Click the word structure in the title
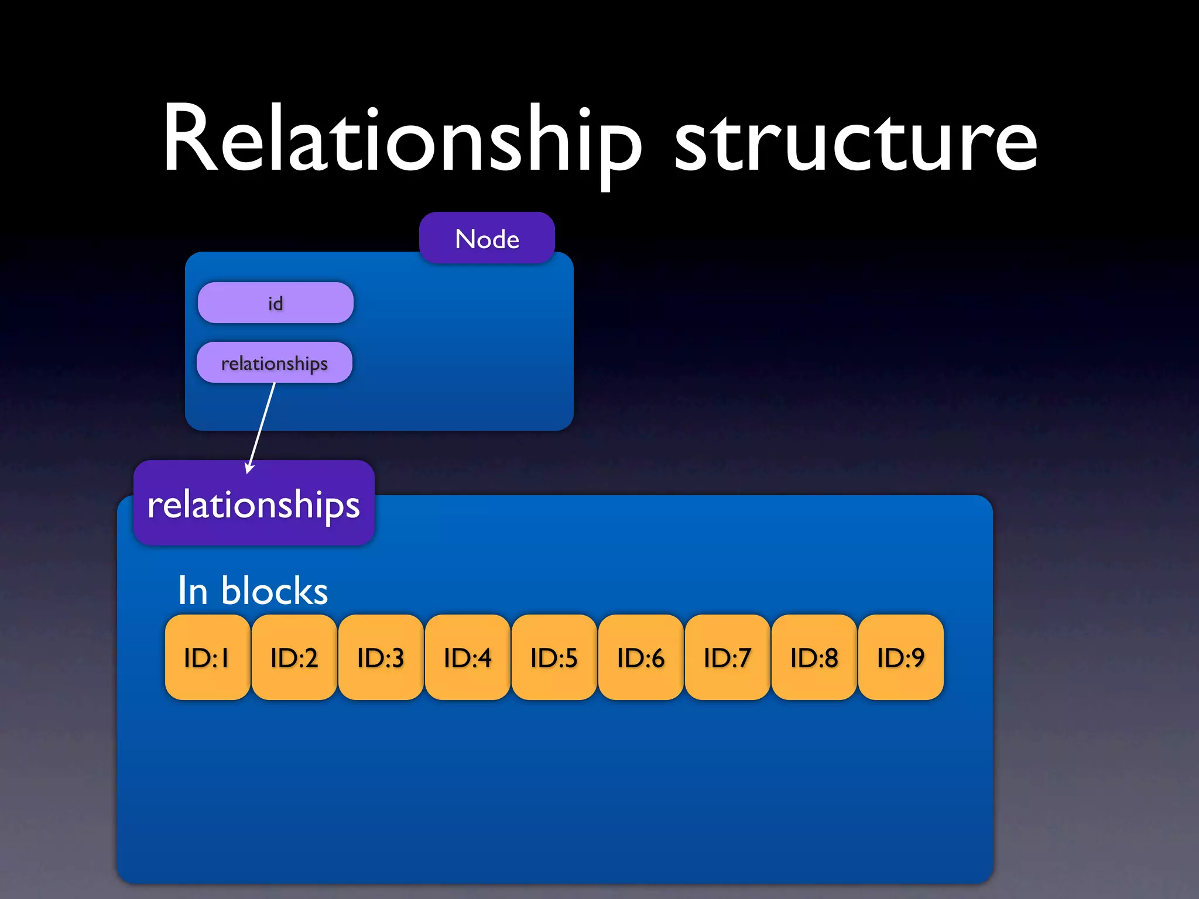tap(856, 143)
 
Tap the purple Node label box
tap(487, 238)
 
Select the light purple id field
tap(275, 303)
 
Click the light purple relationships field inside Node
tap(274, 363)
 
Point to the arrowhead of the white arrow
tap(249, 469)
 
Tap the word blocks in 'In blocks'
tap(274, 591)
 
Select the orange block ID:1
tap(207, 657)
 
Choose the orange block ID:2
tap(294, 657)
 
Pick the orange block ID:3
tap(381, 657)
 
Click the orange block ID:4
tap(467, 657)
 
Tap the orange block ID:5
tap(554, 657)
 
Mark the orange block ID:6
tap(640, 657)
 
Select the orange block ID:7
tap(727, 657)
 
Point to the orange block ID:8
tap(814, 657)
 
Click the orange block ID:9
tap(900, 657)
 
